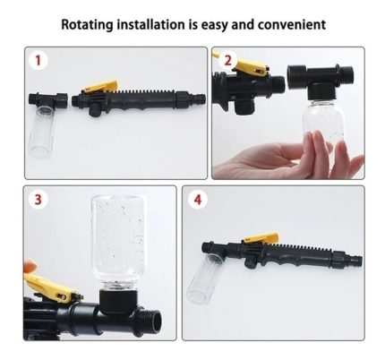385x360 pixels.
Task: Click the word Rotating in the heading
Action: click(87, 25)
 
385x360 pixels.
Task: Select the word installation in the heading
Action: click(150, 24)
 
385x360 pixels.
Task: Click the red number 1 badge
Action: click(38, 61)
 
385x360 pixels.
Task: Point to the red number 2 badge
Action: click(227, 60)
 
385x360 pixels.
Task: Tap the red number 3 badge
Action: click(38, 199)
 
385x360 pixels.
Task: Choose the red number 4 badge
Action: click(198, 199)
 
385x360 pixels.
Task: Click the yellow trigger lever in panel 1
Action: click(101, 86)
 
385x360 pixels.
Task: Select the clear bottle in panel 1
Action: click(42, 131)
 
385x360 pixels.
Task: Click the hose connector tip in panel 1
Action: click(201, 99)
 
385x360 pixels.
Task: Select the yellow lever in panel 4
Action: click(261, 238)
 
